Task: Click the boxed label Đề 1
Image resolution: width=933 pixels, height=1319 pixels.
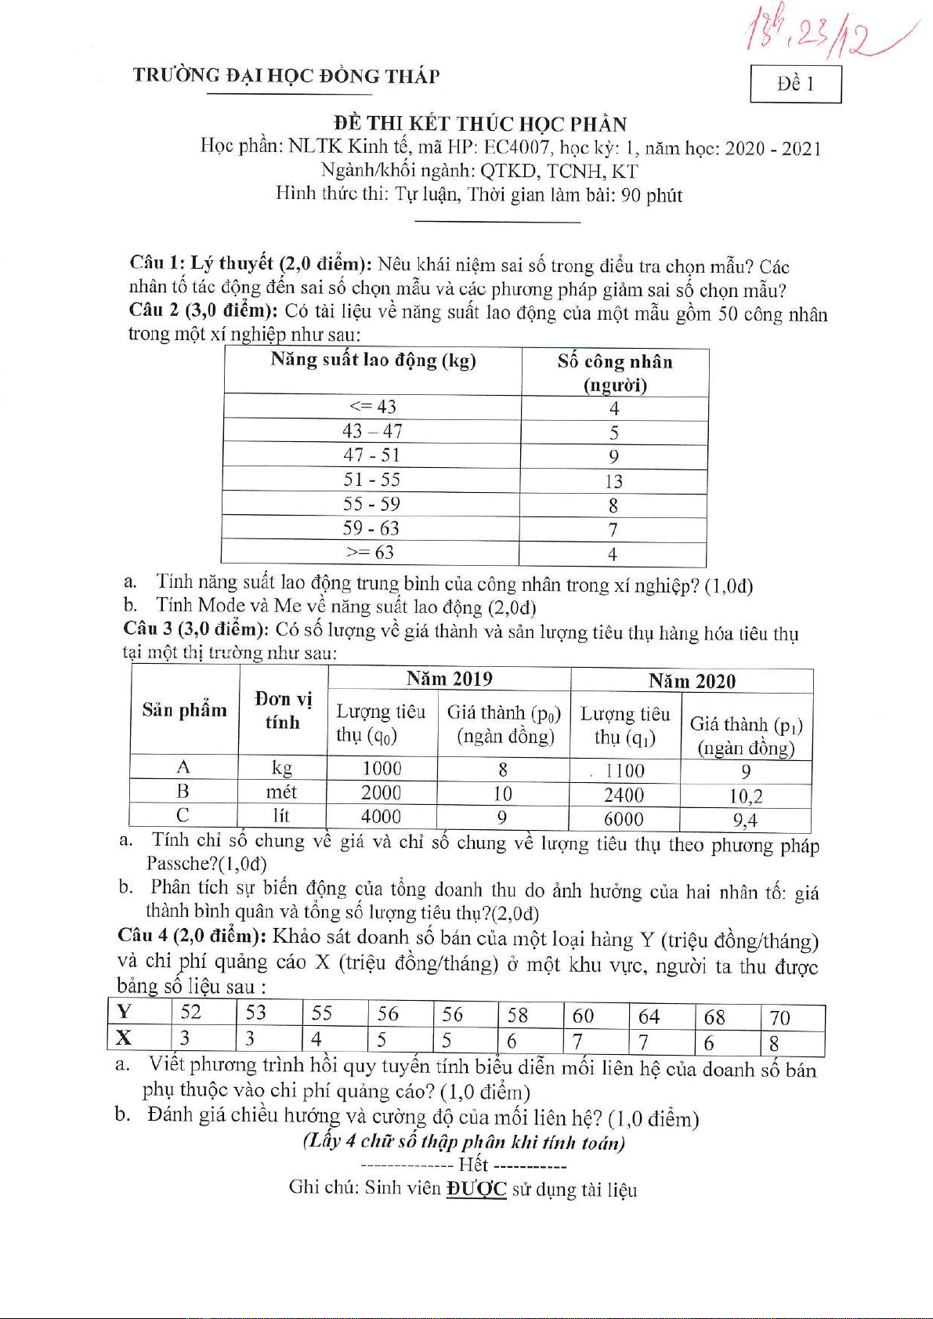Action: coord(795,84)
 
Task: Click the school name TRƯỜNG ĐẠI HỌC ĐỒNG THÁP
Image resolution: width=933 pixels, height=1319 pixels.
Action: coord(286,76)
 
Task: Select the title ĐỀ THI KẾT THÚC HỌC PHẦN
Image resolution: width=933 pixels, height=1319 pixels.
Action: coord(479,124)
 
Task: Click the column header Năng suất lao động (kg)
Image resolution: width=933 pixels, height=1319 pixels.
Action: coord(373,361)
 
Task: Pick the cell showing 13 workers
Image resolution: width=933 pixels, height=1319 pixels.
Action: coord(613,481)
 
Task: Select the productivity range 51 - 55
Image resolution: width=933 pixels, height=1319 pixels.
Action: coord(371,480)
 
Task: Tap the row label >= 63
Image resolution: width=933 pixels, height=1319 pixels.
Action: coord(370,553)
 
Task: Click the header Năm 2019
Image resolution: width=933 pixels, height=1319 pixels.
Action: coord(449,679)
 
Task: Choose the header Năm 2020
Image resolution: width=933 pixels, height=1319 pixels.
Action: coord(692,681)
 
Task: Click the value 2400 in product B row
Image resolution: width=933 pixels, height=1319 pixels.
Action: coord(624,795)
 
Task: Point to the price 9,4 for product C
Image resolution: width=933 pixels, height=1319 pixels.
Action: coord(745,821)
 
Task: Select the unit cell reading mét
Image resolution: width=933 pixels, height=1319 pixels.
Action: coord(281,792)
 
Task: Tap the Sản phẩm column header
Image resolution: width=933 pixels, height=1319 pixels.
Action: coord(184,710)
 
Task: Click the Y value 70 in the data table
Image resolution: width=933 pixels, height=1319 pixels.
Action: coord(779,1018)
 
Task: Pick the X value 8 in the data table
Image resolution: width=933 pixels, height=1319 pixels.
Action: coord(774,1043)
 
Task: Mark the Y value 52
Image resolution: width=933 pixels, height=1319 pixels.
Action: coord(190,1012)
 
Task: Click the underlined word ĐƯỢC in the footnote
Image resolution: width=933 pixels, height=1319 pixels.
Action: coord(476,1189)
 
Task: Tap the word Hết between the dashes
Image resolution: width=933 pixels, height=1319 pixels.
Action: coord(473,1165)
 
